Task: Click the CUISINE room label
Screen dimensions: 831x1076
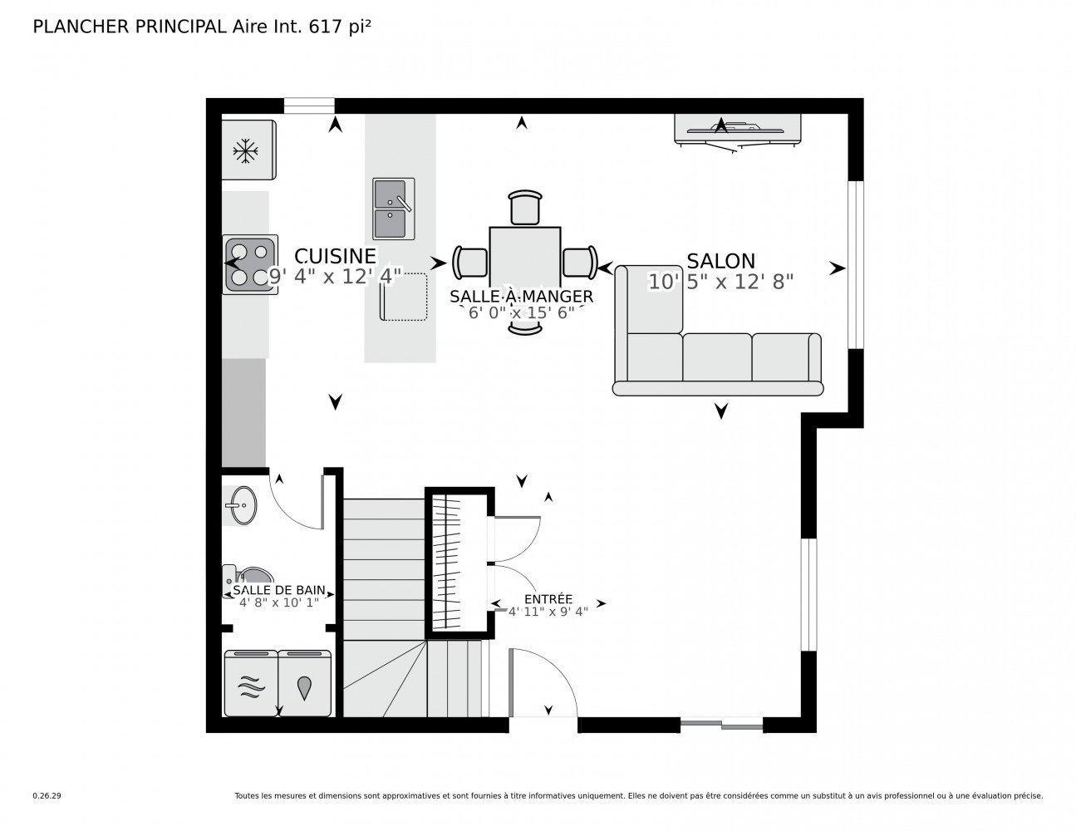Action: pos(335,256)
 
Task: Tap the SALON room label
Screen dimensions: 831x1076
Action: pos(720,261)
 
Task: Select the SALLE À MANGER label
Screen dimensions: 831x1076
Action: pos(521,297)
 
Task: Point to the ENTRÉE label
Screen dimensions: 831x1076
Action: pos(548,599)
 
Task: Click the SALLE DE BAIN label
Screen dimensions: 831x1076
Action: pos(278,591)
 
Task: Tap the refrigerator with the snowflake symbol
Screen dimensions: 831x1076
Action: pos(247,150)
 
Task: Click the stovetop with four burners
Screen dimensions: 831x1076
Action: pos(249,264)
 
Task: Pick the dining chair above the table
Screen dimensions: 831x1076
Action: pos(525,208)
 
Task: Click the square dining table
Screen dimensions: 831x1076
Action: pos(525,262)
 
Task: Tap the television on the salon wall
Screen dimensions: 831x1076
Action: pos(738,129)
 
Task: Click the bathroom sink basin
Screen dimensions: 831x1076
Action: pos(242,504)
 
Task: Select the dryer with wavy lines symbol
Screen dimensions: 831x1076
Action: pos(251,683)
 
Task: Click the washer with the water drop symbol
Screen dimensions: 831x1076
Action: pos(306,683)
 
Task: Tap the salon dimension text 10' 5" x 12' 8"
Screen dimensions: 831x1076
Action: pos(720,283)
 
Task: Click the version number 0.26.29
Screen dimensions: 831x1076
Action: pos(47,795)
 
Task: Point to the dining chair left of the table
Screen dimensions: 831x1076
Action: pos(471,262)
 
